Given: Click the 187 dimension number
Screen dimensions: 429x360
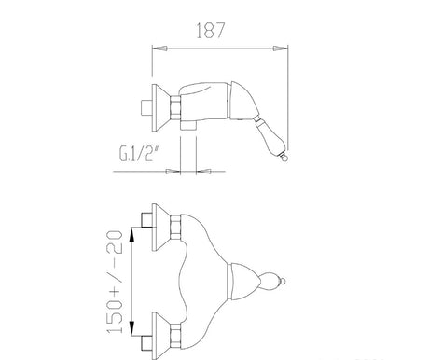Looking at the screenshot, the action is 210,31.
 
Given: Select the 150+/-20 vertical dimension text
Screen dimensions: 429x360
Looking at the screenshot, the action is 115,282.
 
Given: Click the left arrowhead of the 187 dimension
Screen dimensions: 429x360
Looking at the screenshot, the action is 159,48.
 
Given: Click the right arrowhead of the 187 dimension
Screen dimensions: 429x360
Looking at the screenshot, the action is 280,48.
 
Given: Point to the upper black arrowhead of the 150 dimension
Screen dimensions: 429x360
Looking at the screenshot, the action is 131,235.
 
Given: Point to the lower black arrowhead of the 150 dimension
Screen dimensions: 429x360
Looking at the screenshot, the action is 131,328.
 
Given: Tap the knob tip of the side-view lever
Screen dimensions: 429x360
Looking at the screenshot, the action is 284,157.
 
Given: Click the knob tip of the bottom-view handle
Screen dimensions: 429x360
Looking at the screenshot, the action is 283,282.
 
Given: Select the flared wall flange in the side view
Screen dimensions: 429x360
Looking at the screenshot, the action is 160,108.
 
